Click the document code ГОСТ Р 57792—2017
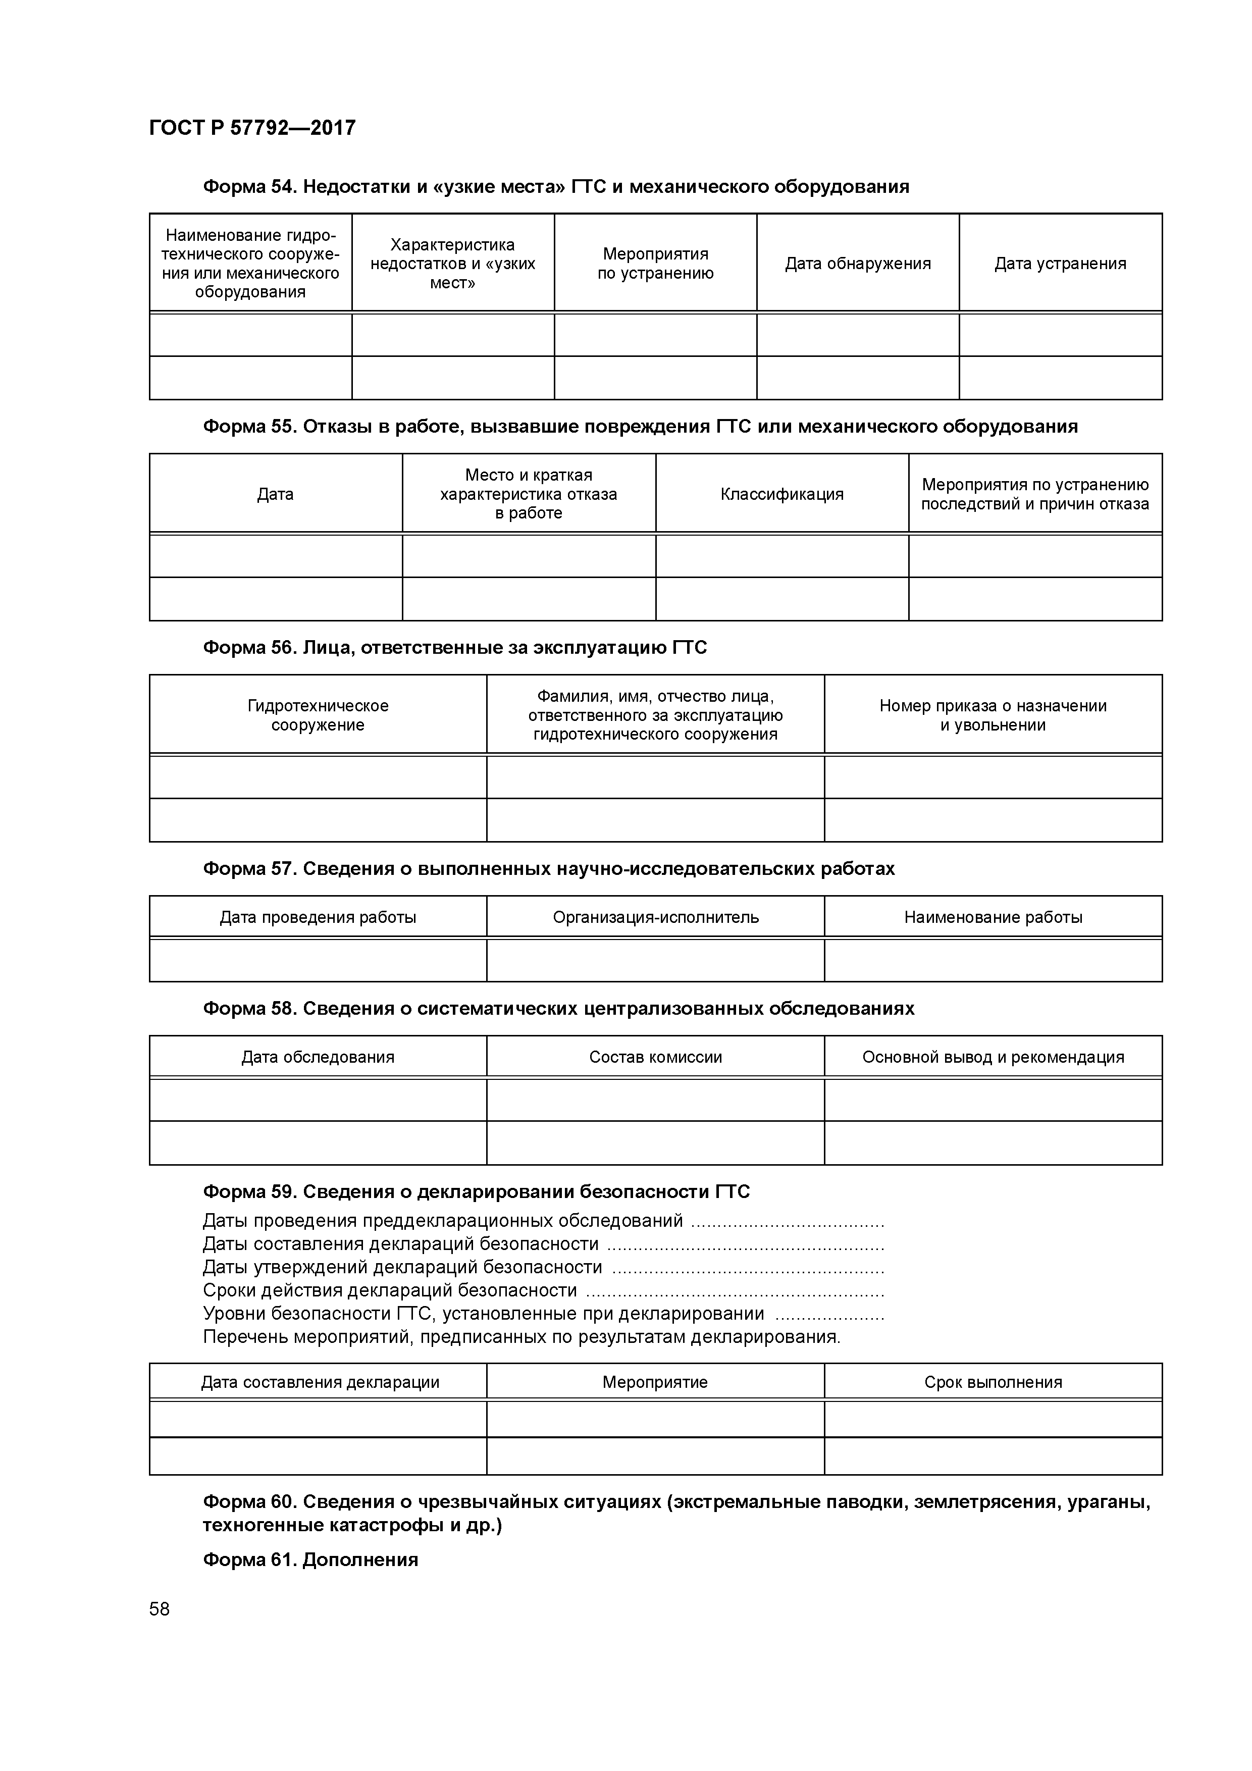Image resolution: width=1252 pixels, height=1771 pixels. click(x=252, y=128)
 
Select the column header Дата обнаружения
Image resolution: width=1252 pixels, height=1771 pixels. click(x=857, y=264)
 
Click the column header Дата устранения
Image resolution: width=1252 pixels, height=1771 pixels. click(x=1060, y=264)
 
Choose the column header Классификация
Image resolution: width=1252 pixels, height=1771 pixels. click(x=781, y=494)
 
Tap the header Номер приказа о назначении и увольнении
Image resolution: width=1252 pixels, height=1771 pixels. click(x=993, y=715)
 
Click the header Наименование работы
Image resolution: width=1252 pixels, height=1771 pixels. click(x=993, y=917)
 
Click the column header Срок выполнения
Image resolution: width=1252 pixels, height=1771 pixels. click(x=993, y=1382)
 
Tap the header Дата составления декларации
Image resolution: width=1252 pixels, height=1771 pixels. click(x=320, y=1382)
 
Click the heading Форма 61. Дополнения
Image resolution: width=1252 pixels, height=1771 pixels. click(x=310, y=1559)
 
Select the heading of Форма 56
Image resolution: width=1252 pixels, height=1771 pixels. click(x=454, y=648)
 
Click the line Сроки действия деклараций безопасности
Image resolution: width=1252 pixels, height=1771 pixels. click(x=390, y=1290)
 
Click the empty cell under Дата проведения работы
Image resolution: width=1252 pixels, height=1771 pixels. click(x=318, y=960)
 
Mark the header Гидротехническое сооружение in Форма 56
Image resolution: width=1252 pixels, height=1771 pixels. click(x=318, y=715)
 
